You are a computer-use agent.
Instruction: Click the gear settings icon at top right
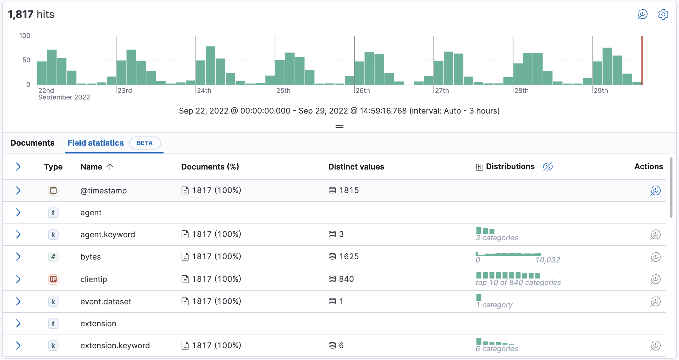click(663, 14)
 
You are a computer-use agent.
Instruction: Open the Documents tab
click(32, 143)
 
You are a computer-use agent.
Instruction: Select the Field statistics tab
click(96, 143)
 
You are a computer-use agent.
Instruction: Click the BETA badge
click(145, 143)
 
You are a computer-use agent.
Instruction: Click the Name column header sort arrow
click(110, 167)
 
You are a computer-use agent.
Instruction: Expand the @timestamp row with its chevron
click(18, 190)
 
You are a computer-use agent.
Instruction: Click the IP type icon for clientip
click(53, 279)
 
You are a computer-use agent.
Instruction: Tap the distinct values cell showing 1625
click(349, 257)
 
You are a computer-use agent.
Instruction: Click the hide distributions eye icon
click(548, 167)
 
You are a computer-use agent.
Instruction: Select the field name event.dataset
click(106, 301)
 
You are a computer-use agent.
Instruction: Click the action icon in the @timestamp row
click(655, 190)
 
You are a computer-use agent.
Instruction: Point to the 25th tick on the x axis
click(283, 91)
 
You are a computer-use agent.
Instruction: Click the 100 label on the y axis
click(25, 36)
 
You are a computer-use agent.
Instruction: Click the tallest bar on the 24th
click(210, 65)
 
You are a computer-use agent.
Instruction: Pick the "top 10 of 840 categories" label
click(518, 283)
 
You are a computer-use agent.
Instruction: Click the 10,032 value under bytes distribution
click(548, 260)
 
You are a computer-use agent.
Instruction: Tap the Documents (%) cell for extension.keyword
click(216, 346)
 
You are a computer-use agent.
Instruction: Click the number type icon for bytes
click(53, 257)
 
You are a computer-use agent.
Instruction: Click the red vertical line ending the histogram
click(642, 61)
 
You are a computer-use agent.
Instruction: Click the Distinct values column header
click(356, 167)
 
